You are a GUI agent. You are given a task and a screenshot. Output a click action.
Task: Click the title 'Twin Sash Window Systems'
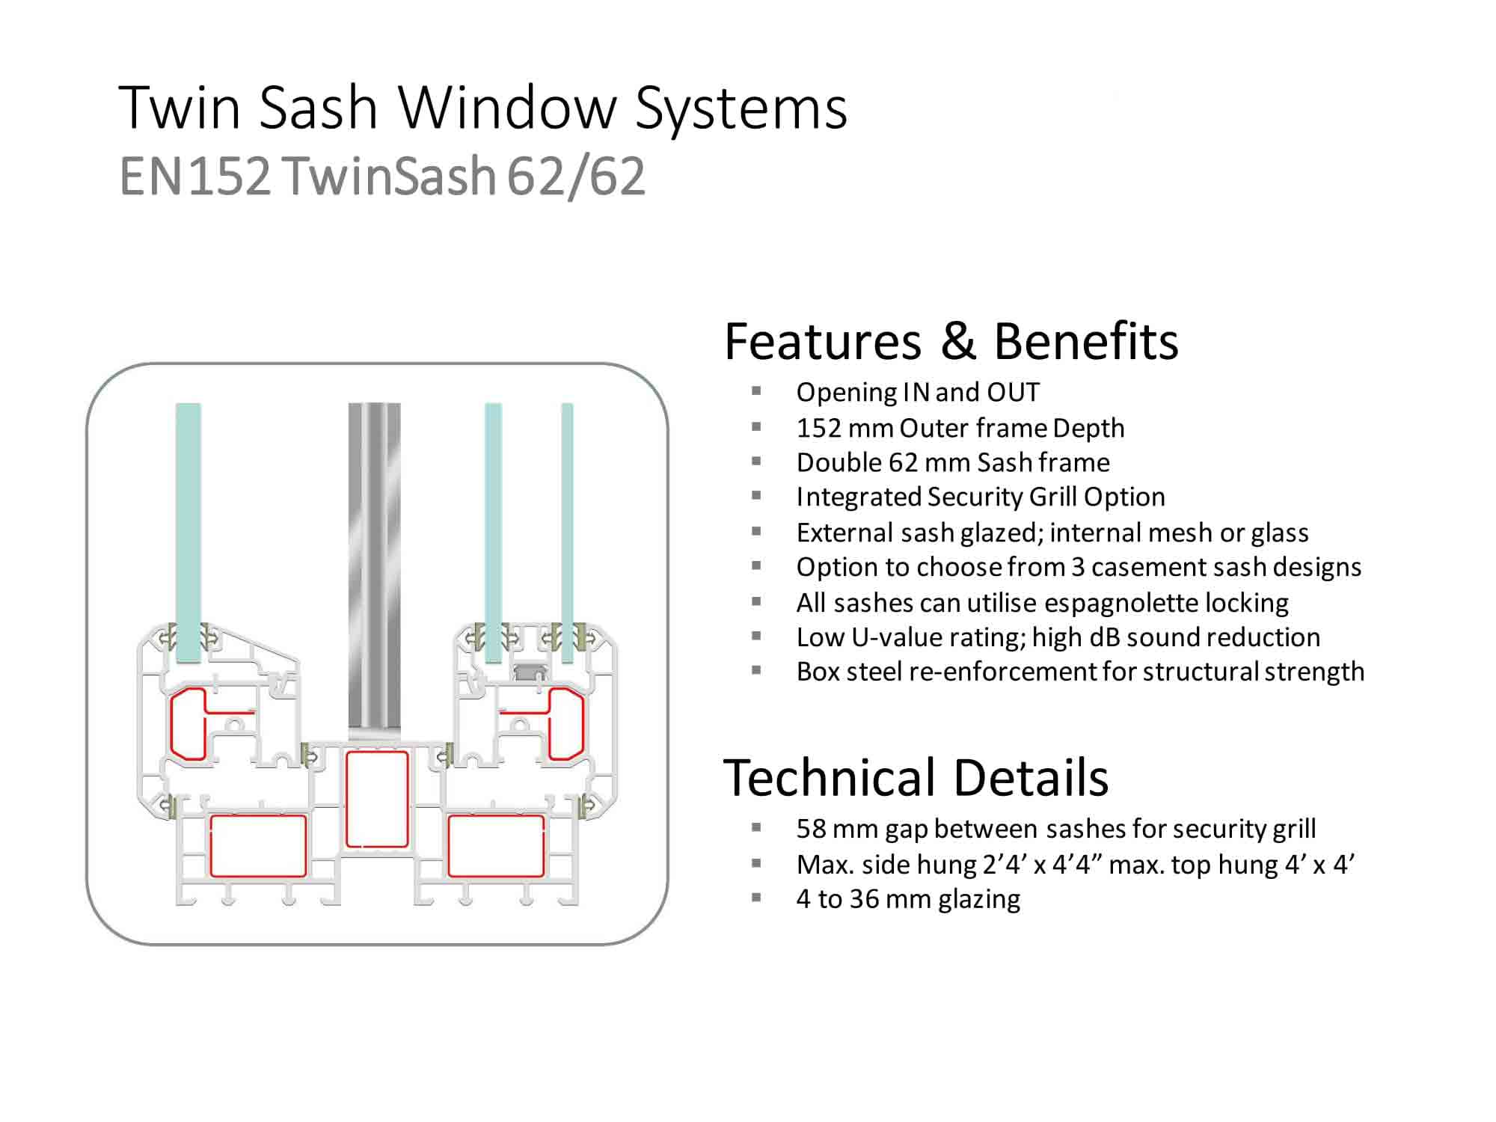tap(483, 108)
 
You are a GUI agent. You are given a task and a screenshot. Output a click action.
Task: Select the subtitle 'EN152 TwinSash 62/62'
tap(382, 177)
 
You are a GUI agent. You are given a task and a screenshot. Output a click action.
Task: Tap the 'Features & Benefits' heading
tap(951, 341)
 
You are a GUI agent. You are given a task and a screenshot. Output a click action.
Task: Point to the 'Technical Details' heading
tap(916, 777)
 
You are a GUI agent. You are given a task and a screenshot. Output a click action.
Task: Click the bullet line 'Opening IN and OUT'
tap(918, 392)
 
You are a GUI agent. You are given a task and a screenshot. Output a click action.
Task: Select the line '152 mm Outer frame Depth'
tap(960, 428)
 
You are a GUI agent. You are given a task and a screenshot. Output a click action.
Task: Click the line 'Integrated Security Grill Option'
tap(981, 497)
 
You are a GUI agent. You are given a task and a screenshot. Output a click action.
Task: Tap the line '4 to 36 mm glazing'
tap(908, 899)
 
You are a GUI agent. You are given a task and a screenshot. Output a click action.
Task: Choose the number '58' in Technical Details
tap(811, 829)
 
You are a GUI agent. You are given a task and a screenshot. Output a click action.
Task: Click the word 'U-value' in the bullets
tap(937, 637)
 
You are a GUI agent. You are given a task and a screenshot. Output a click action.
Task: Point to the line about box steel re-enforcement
tap(1080, 672)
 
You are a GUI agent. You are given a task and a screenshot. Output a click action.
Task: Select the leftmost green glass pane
tap(188, 533)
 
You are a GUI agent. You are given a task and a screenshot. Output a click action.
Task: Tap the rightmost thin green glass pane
tap(567, 533)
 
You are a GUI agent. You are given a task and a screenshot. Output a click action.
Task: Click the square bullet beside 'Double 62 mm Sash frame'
tap(756, 462)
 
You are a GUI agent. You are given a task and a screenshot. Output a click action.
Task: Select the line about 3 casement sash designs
tap(1079, 567)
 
